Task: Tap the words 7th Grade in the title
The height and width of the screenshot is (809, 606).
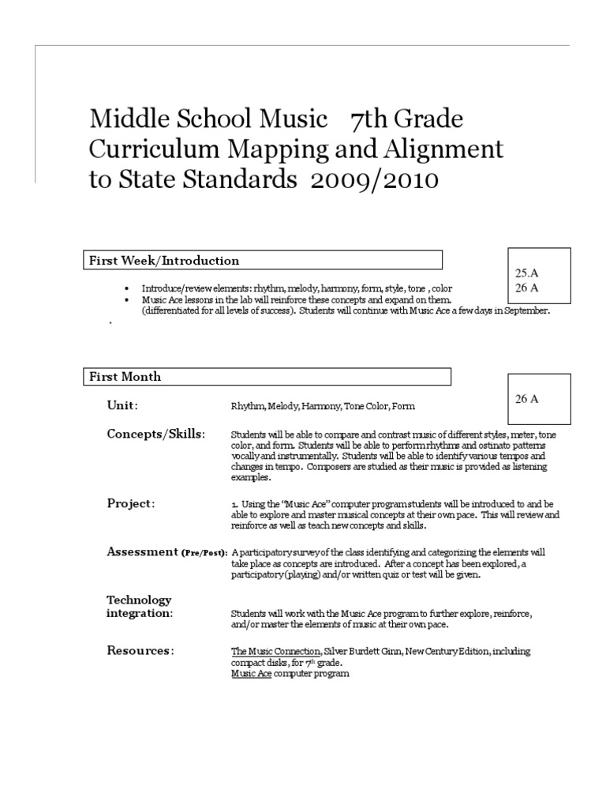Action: pos(407,119)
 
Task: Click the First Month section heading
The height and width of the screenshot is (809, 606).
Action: pos(125,376)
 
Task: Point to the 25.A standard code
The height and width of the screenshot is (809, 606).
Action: pos(526,273)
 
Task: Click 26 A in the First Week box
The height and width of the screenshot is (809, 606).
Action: pos(526,288)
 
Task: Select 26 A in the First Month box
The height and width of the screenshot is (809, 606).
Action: pos(526,399)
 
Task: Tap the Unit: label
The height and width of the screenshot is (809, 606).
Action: pos(122,405)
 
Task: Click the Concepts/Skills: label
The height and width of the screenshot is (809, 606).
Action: pos(155,434)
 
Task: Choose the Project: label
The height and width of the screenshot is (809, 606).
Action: pos(131,503)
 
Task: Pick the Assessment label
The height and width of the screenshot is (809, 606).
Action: pos(142,551)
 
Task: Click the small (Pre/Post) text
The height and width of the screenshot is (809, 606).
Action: pos(204,553)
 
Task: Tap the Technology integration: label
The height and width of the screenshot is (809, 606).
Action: pos(140,607)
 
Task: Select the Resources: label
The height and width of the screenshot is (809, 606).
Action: pos(140,650)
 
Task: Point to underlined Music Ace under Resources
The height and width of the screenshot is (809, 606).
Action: pos(251,674)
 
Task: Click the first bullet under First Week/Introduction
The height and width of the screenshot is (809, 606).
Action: pos(127,289)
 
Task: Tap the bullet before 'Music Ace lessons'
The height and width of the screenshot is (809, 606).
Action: pos(127,301)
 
